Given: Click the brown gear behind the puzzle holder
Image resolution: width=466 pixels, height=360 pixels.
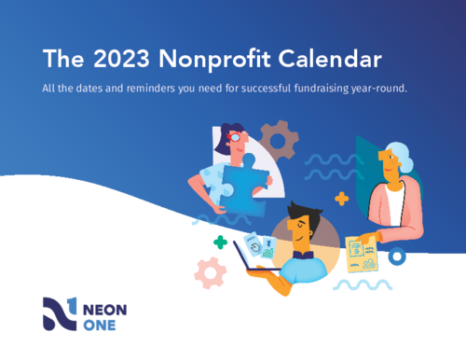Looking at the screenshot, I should (278, 141).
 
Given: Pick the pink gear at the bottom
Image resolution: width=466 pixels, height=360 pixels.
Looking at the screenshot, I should (210, 271).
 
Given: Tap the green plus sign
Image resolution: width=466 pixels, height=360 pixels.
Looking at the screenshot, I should (220, 242).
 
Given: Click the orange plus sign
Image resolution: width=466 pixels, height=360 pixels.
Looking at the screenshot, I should (341, 198).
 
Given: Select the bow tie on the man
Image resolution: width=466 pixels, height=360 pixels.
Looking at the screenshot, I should (300, 253).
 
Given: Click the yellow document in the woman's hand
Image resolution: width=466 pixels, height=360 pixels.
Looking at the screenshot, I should (359, 252).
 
